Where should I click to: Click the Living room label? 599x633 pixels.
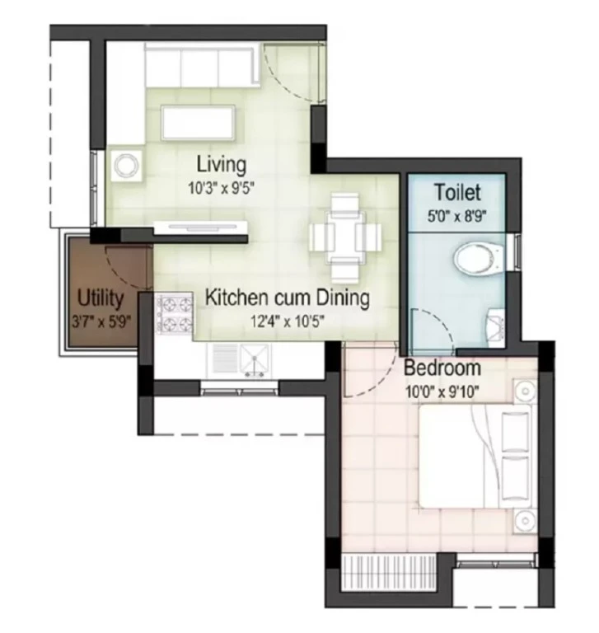tap(221, 164)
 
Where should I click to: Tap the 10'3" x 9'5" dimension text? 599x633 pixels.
tap(222, 188)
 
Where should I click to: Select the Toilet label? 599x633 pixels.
tap(457, 192)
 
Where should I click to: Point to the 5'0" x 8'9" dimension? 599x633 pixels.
tap(457, 217)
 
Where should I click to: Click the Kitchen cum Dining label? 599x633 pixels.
tap(288, 298)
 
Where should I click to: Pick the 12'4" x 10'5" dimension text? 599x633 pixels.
tap(288, 321)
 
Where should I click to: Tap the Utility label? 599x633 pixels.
tap(100, 298)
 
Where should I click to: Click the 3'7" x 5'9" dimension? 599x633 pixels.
tap(101, 321)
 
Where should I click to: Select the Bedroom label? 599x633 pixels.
tap(442, 368)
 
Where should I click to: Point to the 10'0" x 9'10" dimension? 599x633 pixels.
tap(442, 392)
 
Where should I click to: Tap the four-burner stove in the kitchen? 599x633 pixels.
tap(175, 314)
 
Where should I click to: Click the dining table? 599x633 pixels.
tap(345, 237)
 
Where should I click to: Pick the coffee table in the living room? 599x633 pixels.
tap(198, 123)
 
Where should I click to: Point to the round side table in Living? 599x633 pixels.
tap(126, 166)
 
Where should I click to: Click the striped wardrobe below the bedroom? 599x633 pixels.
tap(389, 574)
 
